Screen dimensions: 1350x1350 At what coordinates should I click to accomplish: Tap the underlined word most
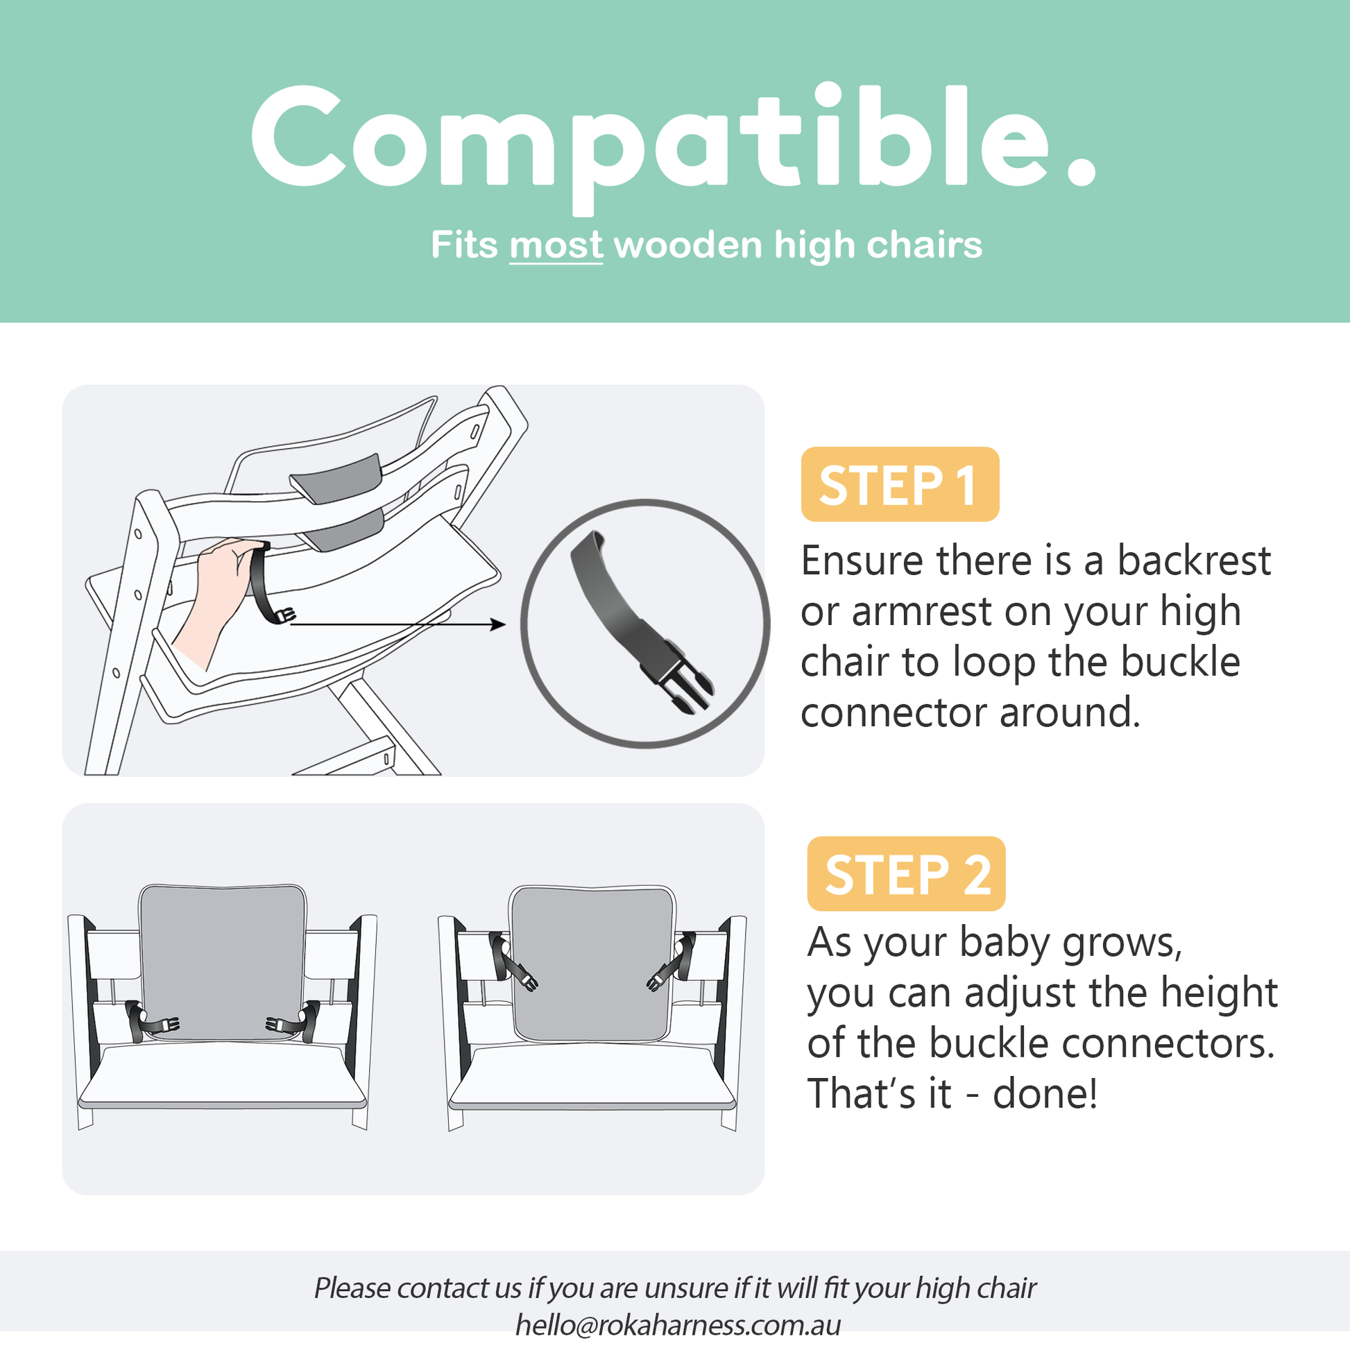coord(556,246)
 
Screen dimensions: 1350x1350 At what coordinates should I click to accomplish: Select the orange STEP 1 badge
coord(899,484)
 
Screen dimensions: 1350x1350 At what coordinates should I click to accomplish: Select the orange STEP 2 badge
coord(906,873)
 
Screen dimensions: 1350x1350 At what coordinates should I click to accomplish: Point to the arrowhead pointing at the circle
coord(498,624)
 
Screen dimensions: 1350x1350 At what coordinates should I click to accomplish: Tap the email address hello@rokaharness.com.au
coord(678,1325)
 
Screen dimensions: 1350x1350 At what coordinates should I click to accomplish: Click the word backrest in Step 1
coord(1193,561)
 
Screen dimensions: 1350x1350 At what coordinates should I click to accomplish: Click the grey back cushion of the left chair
coord(222,957)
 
